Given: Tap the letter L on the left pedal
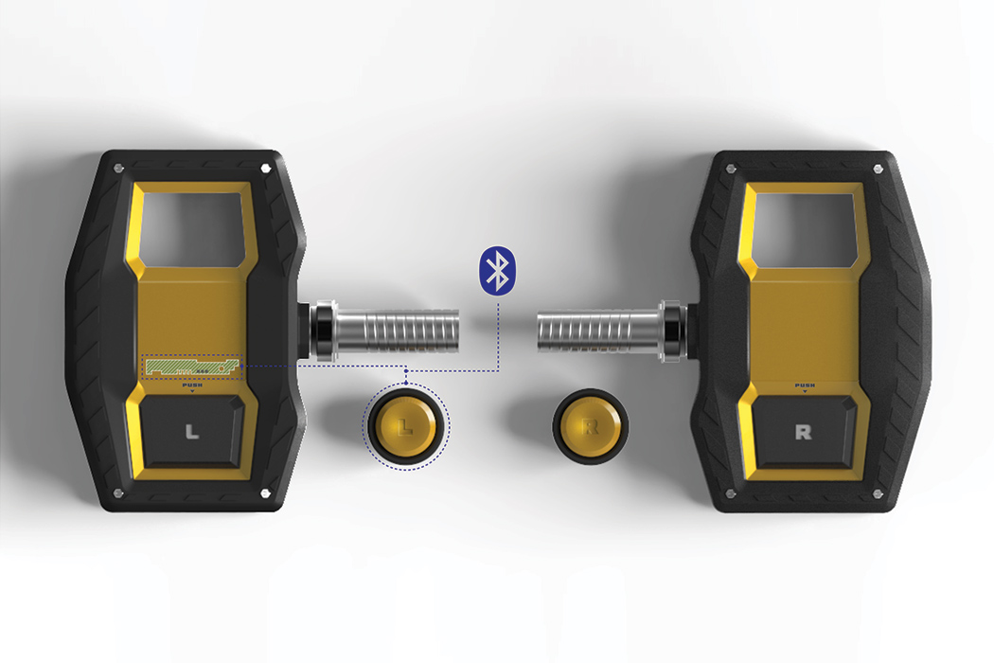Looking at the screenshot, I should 192,433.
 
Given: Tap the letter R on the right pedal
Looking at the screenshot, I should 803,433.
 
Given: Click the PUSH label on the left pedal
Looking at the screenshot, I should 192,385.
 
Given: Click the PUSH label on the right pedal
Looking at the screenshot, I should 804,385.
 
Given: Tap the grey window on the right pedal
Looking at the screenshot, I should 804,227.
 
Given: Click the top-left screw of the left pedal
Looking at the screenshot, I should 117,168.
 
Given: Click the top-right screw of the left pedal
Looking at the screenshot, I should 266,168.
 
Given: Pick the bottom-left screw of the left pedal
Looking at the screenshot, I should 117,493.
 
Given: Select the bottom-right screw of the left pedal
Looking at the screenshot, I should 266,493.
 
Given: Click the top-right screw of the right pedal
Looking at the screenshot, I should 878,169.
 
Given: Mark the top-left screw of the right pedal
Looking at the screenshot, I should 730,169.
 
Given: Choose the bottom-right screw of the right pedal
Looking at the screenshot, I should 878,493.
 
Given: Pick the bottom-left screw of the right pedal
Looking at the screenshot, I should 730,493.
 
